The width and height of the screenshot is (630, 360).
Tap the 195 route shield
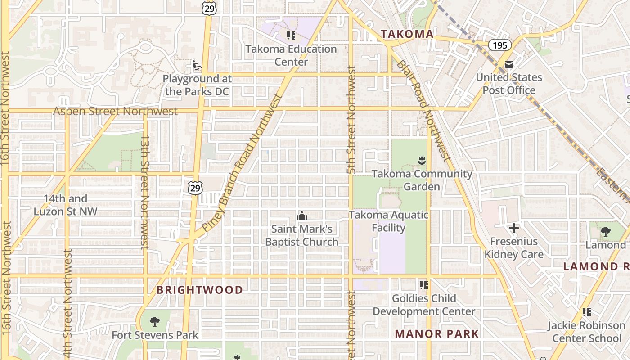coord(499,45)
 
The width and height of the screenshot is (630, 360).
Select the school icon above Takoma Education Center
coord(291,35)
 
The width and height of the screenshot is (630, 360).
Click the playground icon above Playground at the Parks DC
coord(197,65)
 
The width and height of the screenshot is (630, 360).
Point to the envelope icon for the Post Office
coord(509,64)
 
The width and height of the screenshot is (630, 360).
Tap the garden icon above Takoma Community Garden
coord(422,160)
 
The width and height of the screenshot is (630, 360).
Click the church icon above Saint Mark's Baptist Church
coord(302,216)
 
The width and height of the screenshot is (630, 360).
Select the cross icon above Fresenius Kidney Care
coord(514,228)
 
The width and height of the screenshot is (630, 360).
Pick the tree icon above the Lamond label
coord(606,232)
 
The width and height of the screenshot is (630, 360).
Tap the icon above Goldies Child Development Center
coord(423,285)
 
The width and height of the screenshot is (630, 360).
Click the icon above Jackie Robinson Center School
coord(586,312)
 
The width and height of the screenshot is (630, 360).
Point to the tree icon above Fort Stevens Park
coord(155,321)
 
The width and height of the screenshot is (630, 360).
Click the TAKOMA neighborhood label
coord(407,34)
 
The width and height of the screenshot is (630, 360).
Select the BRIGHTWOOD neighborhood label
coord(200,290)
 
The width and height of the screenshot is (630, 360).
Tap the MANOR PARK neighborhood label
coord(437,334)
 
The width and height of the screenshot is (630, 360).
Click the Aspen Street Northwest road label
coord(116,111)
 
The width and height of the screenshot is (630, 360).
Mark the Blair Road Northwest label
coord(423,110)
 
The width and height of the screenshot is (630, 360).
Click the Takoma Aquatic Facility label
coord(389,221)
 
